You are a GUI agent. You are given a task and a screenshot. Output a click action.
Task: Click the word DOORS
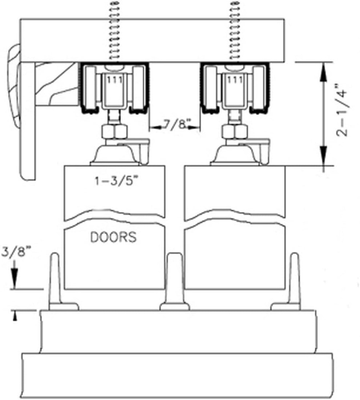click(x=114, y=237)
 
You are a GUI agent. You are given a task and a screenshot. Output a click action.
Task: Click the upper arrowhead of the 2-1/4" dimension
click(x=324, y=72)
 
